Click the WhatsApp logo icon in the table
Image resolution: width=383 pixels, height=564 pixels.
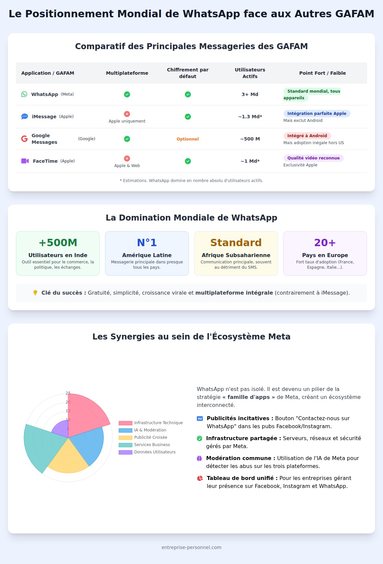(24, 94)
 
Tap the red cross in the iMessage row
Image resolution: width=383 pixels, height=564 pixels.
(127, 114)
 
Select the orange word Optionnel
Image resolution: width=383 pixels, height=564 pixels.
(188, 139)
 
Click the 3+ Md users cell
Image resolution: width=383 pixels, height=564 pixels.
(250, 94)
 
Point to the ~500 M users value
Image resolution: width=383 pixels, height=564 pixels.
(250, 139)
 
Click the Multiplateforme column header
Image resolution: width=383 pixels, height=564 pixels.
(127, 73)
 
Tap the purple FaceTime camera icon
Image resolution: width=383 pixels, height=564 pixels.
(25, 161)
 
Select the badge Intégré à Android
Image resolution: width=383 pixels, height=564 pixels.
(307, 136)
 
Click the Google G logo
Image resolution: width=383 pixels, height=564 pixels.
(24, 139)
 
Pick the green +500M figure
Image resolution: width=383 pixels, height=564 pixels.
(58, 242)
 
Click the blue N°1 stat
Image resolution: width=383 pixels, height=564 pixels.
(147, 242)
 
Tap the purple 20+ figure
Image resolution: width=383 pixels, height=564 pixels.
(325, 242)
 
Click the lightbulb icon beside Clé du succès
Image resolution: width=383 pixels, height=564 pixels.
(35, 293)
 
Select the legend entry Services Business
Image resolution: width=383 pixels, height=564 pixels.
(152, 445)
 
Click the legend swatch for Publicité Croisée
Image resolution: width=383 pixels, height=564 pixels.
(125, 437)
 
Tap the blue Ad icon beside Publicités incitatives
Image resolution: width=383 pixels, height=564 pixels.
(200, 419)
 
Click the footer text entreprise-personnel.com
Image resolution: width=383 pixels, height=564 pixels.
(191, 547)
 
